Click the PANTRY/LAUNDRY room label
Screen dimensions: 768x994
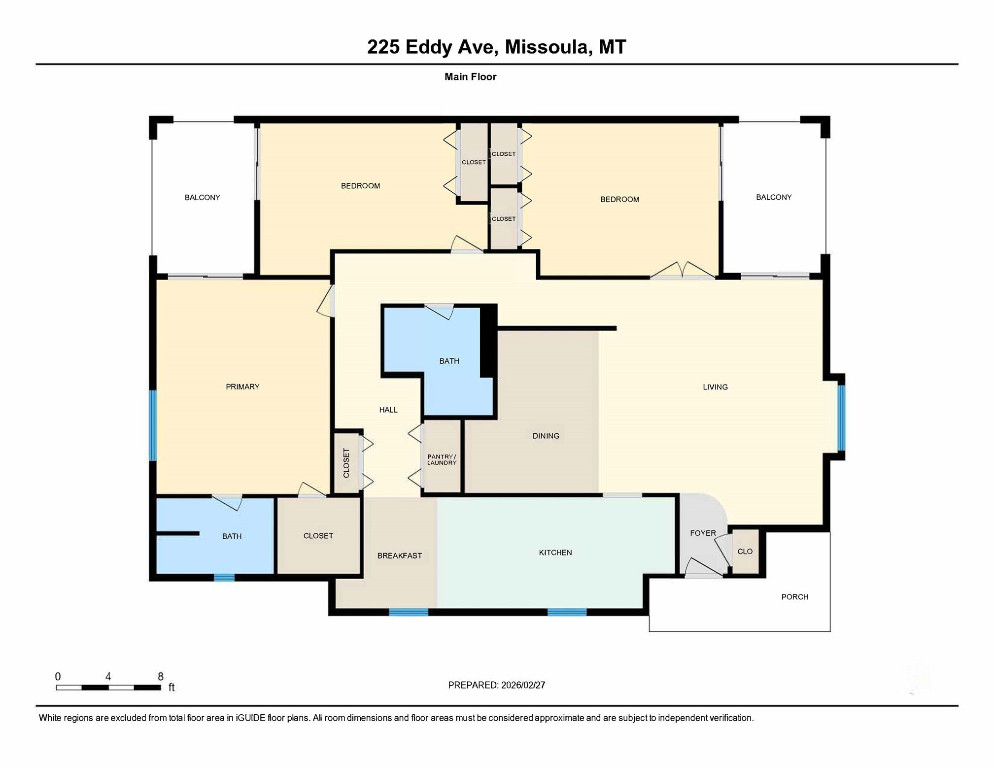click(x=442, y=459)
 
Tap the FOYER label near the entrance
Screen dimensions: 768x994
click(x=703, y=533)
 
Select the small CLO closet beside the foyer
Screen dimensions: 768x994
click(x=745, y=551)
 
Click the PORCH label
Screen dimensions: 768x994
click(x=794, y=596)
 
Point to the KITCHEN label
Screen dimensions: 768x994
click(x=555, y=553)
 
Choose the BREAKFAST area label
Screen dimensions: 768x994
click(x=399, y=556)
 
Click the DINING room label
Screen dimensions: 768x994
click(x=546, y=436)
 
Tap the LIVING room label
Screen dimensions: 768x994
click(x=715, y=387)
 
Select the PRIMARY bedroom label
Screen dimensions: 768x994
click(x=242, y=386)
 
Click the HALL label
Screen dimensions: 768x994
click(x=388, y=410)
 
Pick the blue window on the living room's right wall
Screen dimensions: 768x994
click(x=841, y=418)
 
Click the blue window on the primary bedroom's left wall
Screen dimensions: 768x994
click(x=153, y=425)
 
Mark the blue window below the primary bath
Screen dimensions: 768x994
click(x=224, y=577)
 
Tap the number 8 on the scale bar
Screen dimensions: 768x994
click(x=160, y=676)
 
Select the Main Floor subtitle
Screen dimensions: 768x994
click(x=470, y=76)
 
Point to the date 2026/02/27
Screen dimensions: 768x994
click(x=522, y=685)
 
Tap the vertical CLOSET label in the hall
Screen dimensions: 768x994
click(x=346, y=462)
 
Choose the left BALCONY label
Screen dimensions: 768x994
click(x=202, y=197)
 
